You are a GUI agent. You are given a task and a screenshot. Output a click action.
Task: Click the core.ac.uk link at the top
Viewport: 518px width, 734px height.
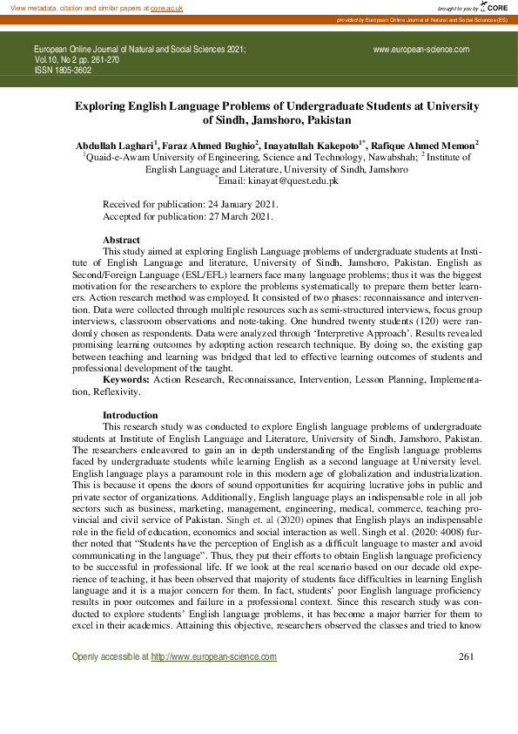click(167, 7)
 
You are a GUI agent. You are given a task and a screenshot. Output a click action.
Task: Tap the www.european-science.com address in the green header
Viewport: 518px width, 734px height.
click(420, 51)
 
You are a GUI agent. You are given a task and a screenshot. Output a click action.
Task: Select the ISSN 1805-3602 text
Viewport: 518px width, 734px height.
click(63, 71)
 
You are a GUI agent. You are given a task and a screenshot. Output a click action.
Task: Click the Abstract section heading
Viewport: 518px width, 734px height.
click(121, 239)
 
